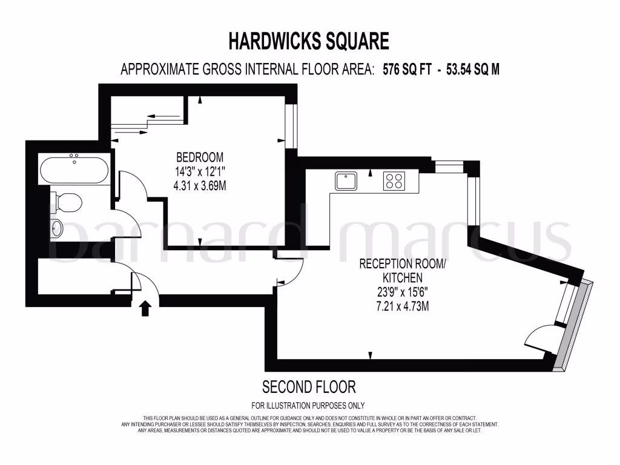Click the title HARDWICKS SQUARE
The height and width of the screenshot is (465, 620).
[309, 41]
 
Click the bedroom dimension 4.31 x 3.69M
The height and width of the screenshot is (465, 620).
[200, 185]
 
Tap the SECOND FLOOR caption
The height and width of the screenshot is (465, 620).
[309, 386]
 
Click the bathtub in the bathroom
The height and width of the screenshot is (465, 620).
[74, 170]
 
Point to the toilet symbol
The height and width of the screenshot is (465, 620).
[67, 202]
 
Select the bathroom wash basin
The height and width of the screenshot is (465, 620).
[56, 229]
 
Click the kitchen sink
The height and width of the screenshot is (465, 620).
[346, 181]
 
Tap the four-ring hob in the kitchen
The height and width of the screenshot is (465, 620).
[394, 180]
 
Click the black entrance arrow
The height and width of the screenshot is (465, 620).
[145, 308]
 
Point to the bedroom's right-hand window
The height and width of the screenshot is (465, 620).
[291, 126]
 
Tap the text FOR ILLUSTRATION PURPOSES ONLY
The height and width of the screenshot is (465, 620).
[308, 406]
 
